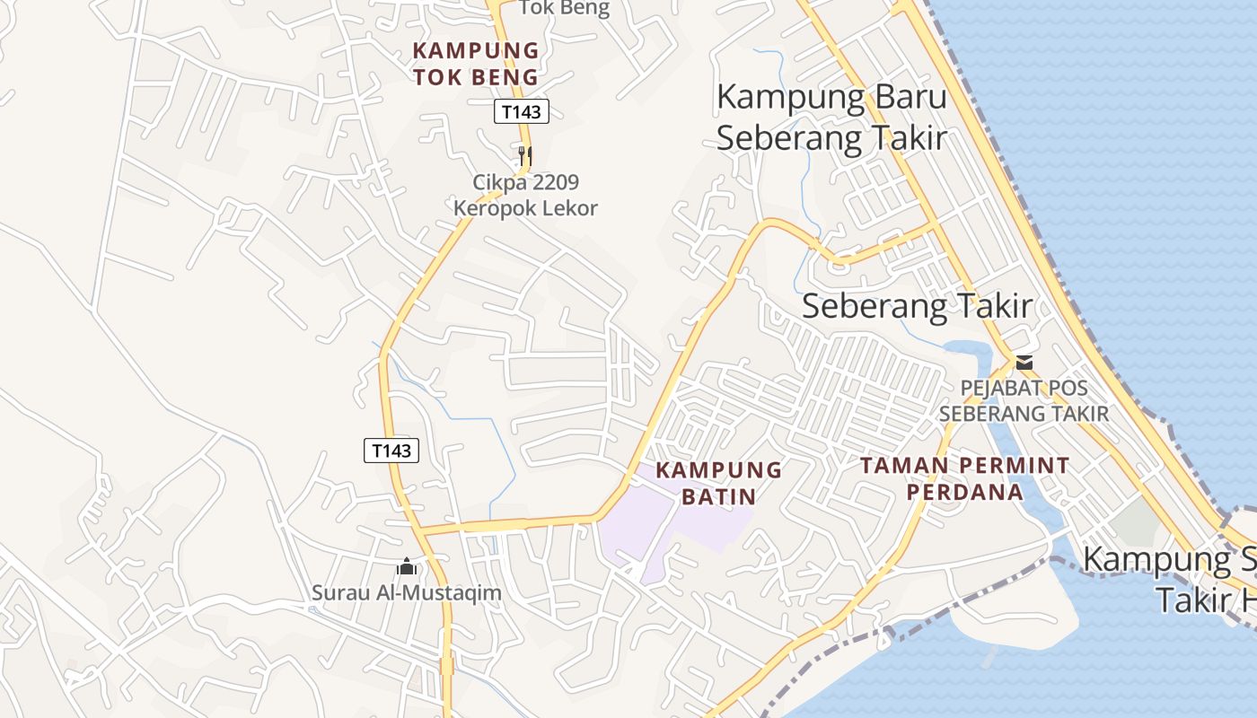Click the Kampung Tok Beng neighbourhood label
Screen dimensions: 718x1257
pyautogui.click(x=475, y=63)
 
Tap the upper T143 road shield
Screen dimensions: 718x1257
pyautogui.click(x=521, y=111)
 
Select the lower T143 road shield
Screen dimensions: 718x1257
pyautogui.click(x=391, y=450)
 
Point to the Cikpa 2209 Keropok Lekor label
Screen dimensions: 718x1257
pyautogui.click(x=525, y=195)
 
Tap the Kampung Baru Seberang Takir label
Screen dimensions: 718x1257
pyautogui.click(x=831, y=117)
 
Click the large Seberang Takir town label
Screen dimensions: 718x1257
pyautogui.click(x=917, y=306)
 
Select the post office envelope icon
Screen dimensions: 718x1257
pyautogui.click(x=1024, y=363)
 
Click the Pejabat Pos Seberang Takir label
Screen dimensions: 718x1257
pyautogui.click(x=1024, y=401)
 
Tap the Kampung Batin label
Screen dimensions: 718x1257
pyautogui.click(x=718, y=482)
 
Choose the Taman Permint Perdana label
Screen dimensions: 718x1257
pyautogui.click(x=964, y=478)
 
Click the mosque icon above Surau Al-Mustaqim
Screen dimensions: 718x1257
pyautogui.click(x=407, y=566)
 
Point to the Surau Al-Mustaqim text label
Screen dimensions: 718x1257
pyautogui.click(x=406, y=592)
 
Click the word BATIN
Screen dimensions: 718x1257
pyautogui.click(x=718, y=495)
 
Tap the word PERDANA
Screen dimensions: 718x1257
pyautogui.click(x=964, y=492)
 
